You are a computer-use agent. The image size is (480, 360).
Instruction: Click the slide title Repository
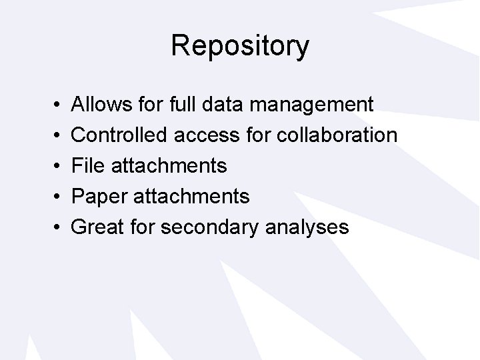pyautogui.click(x=240, y=46)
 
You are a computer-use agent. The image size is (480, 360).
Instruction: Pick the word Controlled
pyautogui.click(x=119, y=135)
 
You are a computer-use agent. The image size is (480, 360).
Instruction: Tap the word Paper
pyautogui.click(x=99, y=197)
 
